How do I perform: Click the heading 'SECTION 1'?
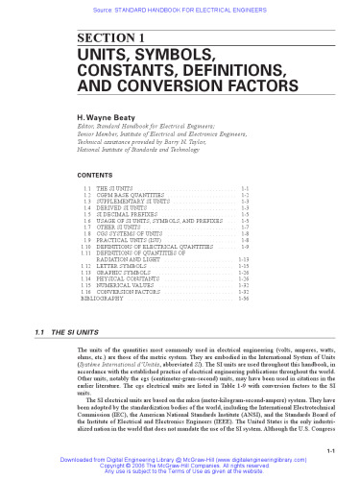click(x=103, y=36)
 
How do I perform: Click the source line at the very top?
click(x=180, y=5)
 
